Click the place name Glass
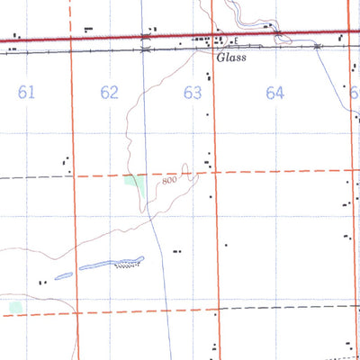[232, 58]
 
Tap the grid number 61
[26, 92]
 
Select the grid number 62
[110, 92]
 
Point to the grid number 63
[192, 92]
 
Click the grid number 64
[275, 92]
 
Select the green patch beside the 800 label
[136, 185]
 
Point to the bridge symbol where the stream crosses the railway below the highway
[146, 50]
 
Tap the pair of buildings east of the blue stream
[176, 251]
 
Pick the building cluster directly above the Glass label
[216, 40]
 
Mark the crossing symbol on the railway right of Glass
[317, 48]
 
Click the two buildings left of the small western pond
[41, 283]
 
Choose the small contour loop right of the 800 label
[186, 168]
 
